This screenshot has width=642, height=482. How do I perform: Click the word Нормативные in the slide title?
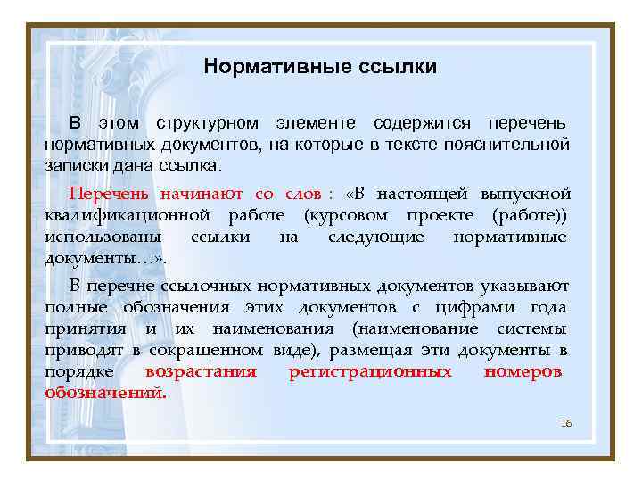pos(266,67)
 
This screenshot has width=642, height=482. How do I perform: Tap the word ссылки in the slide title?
pos(386,67)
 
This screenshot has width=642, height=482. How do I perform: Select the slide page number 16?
pos(566,422)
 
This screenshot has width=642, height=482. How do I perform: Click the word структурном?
pos(207,122)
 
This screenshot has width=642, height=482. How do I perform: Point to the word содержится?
pos(419,122)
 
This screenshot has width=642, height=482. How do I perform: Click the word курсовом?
pos(352,215)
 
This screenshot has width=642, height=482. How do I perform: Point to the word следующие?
pos(374,237)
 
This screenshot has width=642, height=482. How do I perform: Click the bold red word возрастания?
pos(201,371)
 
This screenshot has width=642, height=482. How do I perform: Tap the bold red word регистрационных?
pos(370,371)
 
